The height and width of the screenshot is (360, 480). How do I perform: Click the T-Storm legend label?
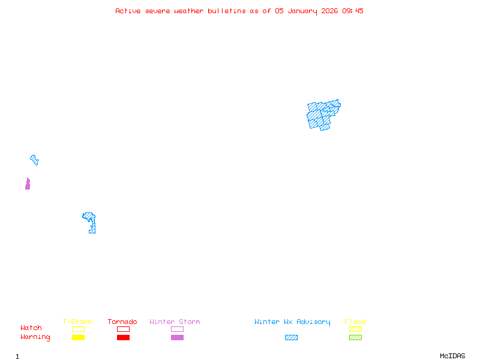tap(77, 322)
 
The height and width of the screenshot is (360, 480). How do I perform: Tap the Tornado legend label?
tap(122, 322)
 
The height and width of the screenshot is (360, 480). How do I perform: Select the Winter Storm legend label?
tap(175, 322)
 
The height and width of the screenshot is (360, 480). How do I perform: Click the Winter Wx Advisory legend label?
tap(292, 322)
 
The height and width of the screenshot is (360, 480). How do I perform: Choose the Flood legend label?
tap(355, 322)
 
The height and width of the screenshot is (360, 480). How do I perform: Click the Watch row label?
tap(31, 328)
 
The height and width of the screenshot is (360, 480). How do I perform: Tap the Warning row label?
tap(35, 337)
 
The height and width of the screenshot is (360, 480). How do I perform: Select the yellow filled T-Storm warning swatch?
tap(78, 338)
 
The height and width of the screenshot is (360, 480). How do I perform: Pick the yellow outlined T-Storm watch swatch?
tap(78, 329)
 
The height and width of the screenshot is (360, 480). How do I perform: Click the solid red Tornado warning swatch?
tap(123, 338)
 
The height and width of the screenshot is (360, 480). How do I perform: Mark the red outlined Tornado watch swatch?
tap(123, 329)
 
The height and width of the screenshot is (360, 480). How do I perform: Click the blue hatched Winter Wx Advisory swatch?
tap(291, 338)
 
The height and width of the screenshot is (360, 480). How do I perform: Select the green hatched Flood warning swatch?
tap(355, 338)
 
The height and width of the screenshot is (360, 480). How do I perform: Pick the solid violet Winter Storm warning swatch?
tap(177, 338)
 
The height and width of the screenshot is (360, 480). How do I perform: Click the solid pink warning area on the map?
tap(28, 185)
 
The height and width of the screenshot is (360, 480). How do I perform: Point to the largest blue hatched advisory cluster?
tap(322, 115)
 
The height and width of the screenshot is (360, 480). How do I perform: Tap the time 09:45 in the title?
tap(353, 11)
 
